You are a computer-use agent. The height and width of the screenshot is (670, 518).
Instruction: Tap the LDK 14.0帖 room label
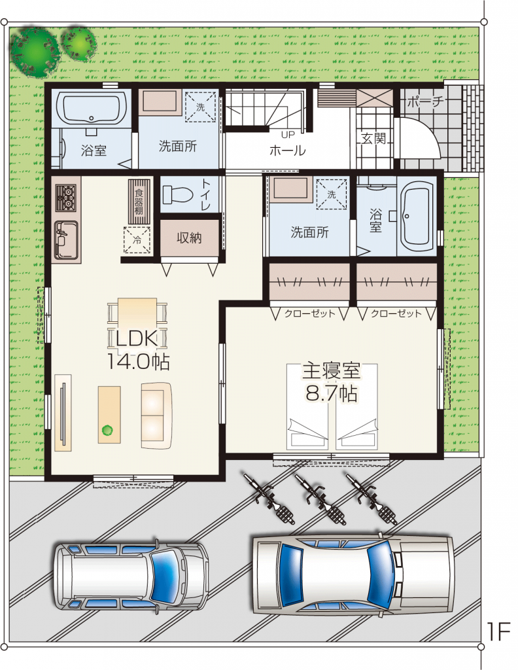(138, 349)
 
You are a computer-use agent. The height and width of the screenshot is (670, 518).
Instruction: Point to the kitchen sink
(66, 241)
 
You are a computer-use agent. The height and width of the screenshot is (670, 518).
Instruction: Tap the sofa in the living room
(157, 415)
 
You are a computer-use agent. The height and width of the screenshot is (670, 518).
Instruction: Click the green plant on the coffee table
(107, 431)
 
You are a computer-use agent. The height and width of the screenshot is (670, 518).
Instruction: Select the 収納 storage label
(189, 238)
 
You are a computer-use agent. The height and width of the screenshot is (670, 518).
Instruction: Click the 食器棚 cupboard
(139, 202)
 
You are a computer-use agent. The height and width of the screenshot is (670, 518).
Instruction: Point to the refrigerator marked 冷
(137, 239)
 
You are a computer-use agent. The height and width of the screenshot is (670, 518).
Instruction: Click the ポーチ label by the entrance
(425, 101)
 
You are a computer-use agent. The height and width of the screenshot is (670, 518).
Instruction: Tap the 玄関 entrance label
(374, 138)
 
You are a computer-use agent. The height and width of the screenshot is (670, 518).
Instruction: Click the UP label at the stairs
(288, 135)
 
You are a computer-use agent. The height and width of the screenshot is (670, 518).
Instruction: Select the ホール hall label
(287, 150)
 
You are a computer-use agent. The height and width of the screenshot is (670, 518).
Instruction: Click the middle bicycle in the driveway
(320, 498)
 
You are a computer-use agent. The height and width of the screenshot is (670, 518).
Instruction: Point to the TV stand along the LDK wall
(63, 413)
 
